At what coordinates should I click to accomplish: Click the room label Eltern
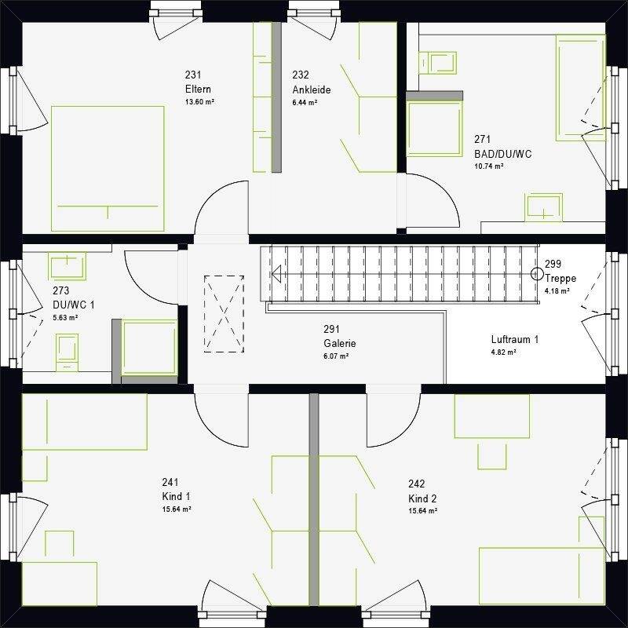tap(198, 89)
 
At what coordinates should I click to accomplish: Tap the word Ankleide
tap(312, 89)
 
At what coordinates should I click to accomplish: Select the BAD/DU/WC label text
tap(503, 154)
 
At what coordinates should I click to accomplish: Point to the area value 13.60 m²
tap(199, 102)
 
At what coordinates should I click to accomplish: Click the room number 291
tap(331, 329)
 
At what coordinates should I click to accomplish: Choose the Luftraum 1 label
tap(515, 340)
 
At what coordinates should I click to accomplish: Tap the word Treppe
tap(560, 278)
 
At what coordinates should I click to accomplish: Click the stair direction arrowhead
tap(276, 274)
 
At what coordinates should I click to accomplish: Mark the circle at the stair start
tap(537, 274)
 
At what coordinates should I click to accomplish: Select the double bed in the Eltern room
tap(108, 169)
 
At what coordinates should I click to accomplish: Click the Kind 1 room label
tap(176, 497)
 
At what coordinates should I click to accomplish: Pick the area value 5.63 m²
tap(65, 318)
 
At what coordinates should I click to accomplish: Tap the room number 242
tap(417, 484)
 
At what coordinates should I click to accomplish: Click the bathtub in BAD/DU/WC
tap(580, 88)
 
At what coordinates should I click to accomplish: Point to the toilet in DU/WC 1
tap(67, 352)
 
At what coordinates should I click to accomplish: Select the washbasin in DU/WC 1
tap(67, 266)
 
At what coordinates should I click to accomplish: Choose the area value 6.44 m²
tap(305, 102)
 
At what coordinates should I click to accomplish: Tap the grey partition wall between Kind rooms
tap(314, 499)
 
